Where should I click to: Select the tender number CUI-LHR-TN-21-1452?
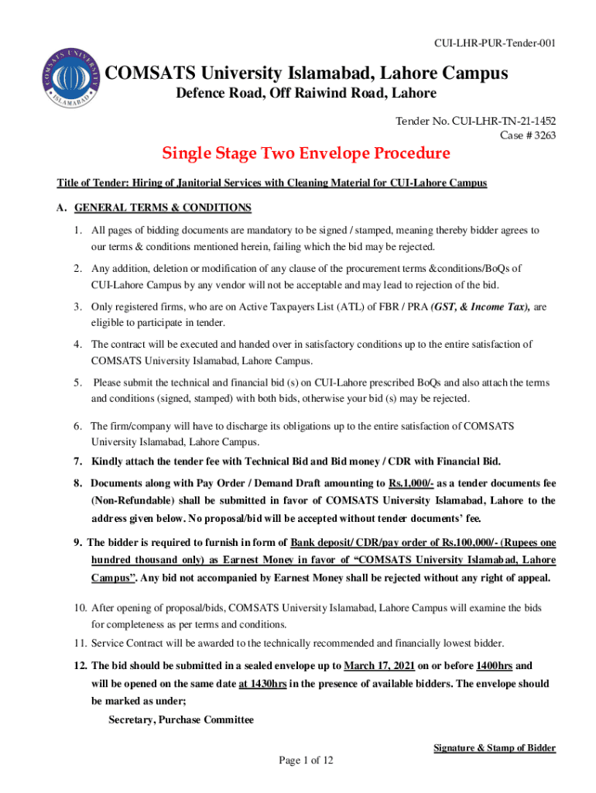pos(503,121)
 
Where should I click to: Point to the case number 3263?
pos(540,134)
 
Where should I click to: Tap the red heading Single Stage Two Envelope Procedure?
pos(306,153)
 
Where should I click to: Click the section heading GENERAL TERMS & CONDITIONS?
pos(163,208)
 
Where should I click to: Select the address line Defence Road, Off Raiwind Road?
pos(305,94)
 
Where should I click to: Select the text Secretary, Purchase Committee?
pos(181,720)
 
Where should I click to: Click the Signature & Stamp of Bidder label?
pos(494,747)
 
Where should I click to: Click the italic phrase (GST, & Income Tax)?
pos(480,307)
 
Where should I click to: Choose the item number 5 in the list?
pos(77,383)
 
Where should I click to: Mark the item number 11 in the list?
pos(79,643)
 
